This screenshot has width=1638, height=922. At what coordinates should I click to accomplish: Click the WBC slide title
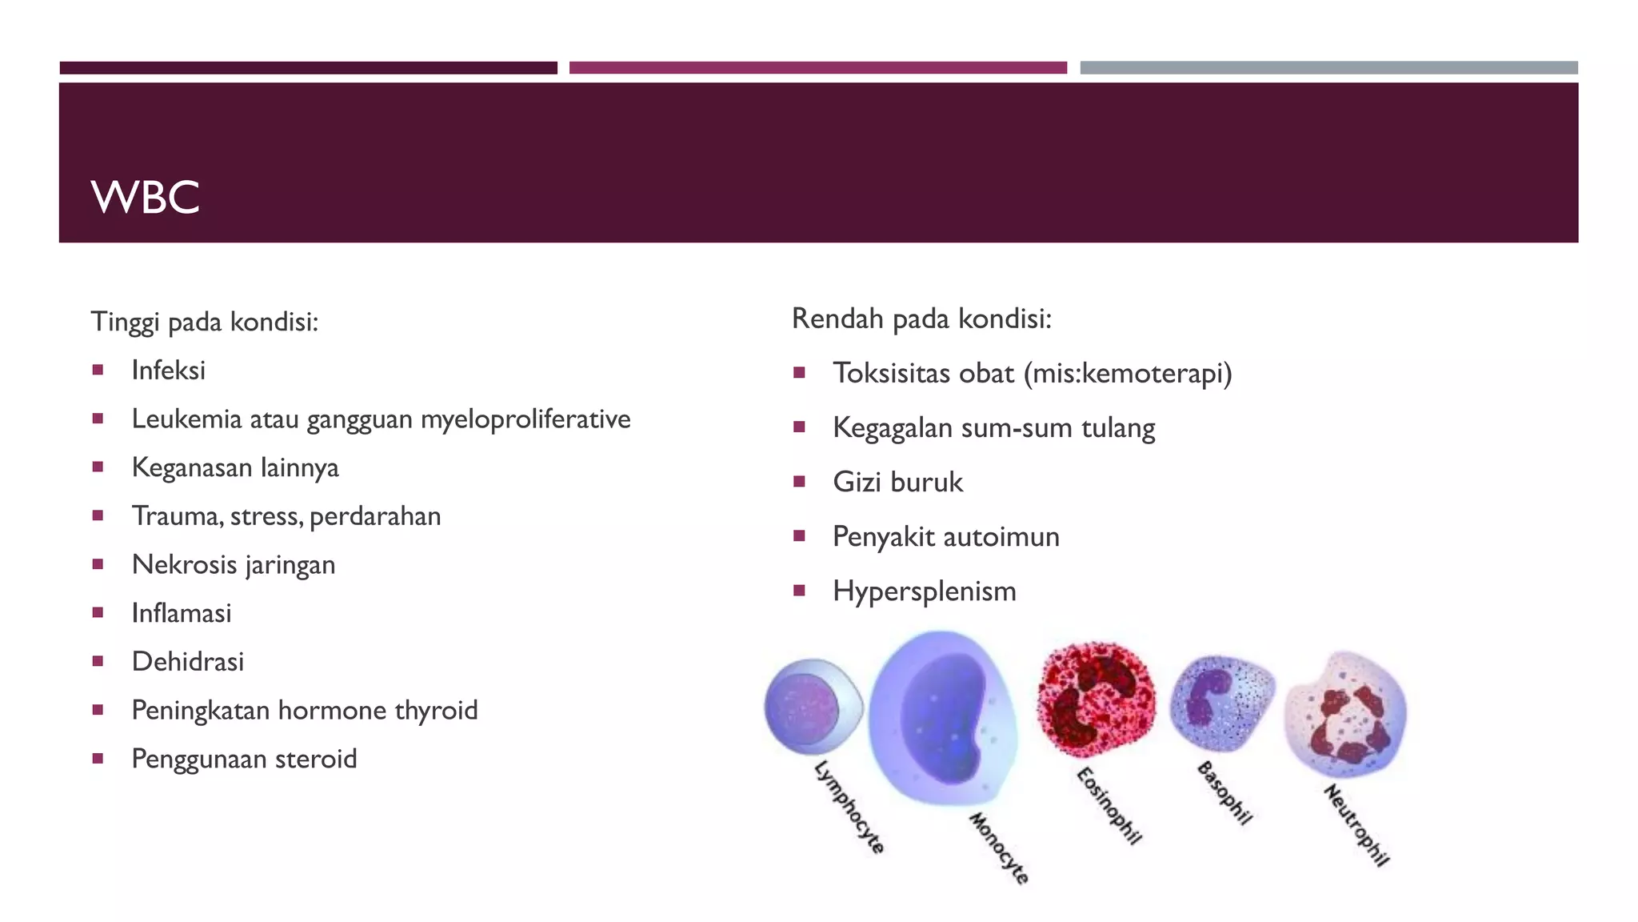click(145, 197)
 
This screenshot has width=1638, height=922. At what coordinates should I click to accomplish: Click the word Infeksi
click(168, 371)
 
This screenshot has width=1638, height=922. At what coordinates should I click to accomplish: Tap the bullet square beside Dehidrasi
click(98, 661)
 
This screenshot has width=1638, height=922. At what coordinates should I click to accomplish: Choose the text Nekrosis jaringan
click(233, 565)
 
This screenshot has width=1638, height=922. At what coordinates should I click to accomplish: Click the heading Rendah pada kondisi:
click(921, 319)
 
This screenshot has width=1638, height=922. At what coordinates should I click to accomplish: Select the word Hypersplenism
click(924, 591)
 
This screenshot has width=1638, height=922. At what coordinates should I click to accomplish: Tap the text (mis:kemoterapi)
click(1128, 374)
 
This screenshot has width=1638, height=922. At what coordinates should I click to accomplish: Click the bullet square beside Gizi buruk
click(798, 482)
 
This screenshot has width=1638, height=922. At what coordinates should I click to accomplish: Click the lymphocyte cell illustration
click(812, 707)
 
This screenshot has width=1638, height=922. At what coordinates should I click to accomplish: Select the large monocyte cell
click(944, 716)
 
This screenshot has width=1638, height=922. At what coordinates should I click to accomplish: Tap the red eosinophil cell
click(1096, 698)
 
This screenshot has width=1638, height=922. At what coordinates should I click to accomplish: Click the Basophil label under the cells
click(1224, 793)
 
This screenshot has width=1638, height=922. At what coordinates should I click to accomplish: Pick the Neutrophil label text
click(1356, 825)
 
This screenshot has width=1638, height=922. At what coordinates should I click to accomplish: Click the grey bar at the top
click(1328, 68)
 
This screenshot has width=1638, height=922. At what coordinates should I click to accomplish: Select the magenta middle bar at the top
click(817, 68)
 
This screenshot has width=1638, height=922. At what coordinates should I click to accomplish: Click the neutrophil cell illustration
click(1346, 714)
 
